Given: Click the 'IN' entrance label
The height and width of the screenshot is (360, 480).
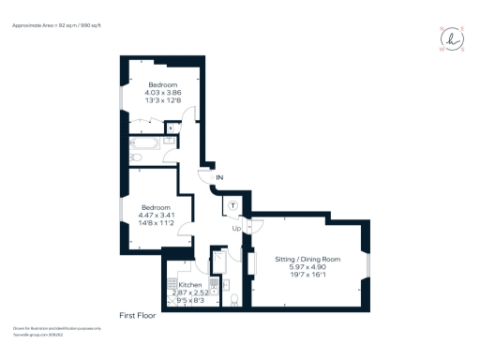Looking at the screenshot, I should click(x=219, y=177).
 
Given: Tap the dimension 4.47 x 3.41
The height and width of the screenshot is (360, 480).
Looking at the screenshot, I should click(x=157, y=215).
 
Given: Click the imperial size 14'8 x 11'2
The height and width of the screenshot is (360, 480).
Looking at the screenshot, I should click(x=157, y=223).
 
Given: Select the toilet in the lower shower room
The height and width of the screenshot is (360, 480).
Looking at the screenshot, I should click(x=233, y=299).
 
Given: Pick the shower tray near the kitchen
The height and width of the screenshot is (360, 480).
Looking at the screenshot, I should click(x=217, y=260).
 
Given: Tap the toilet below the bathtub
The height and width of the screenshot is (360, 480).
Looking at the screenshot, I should click(x=138, y=158).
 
